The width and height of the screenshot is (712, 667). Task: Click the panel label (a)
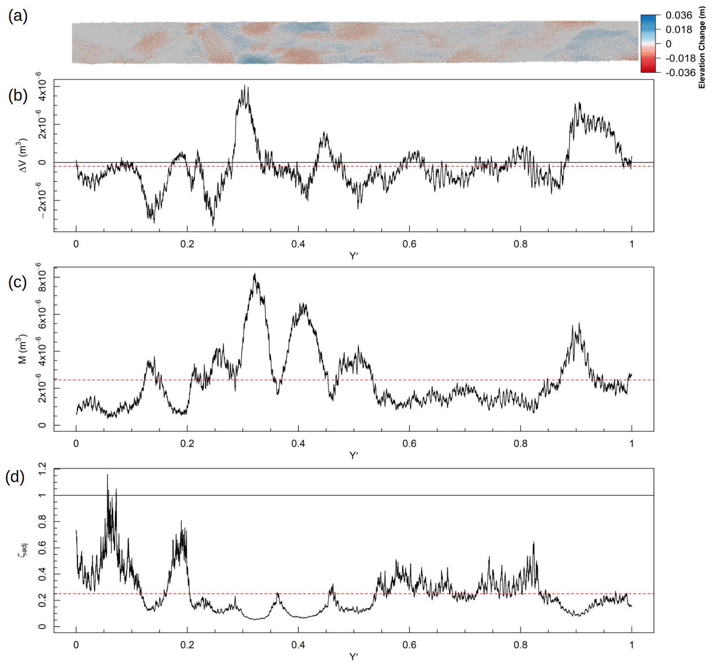18,16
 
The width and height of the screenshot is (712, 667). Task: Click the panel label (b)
18,96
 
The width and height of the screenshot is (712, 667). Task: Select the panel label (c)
18,282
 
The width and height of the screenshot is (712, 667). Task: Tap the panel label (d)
15,477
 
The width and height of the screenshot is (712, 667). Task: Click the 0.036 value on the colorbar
678,16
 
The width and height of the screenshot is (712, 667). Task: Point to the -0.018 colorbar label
680,58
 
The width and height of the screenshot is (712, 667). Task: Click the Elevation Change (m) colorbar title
701,47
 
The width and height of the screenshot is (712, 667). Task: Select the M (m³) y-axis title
23,349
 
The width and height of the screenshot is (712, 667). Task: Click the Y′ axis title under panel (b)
353,256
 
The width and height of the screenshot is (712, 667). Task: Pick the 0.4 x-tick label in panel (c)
298,443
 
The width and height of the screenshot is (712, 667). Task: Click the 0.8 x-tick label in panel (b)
520,244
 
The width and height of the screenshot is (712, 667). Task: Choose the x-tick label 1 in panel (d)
631,645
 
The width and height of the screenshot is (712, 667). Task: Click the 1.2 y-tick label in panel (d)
42,468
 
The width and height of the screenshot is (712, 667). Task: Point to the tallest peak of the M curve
254,274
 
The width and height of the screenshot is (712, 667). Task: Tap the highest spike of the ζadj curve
107,475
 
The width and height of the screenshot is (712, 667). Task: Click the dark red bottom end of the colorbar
647,69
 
